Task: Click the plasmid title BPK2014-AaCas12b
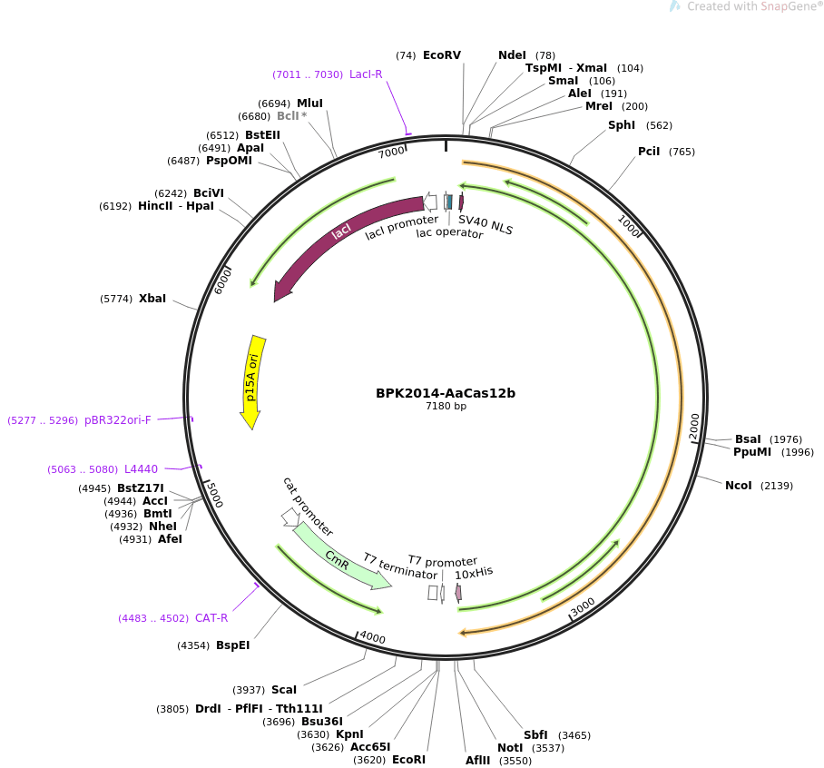pyautogui.click(x=446, y=393)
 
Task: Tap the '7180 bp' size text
pyautogui.click(x=446, y=407)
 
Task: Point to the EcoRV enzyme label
pyautogui.click(x=442, y=55)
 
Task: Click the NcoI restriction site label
pyautogui.click(x=738, y=486)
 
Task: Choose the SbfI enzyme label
pyautogui.click(x=535, y=735)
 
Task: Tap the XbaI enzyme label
pyautogui.click(x=152, y=299)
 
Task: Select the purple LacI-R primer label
pyautogui.click(x=366, y=74)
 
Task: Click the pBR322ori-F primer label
pyautogui.click(x=118, y=420)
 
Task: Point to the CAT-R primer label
pyautogui.click(x=211, y=618)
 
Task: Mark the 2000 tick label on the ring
pyautogui.click(x=694, y=426)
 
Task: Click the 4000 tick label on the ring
pyautogui.click(x=372, y=638)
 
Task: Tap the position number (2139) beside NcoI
pyautogui.click(x=776, y=486)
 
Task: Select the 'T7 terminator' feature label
pyautogui.click(x=399, y=566)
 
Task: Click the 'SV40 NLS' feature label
pyautogui.click(x=486, y=224)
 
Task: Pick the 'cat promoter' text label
pyautogui.click(x=307, y=507)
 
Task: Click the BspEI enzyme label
pyautogui.click(x=232, y=645)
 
